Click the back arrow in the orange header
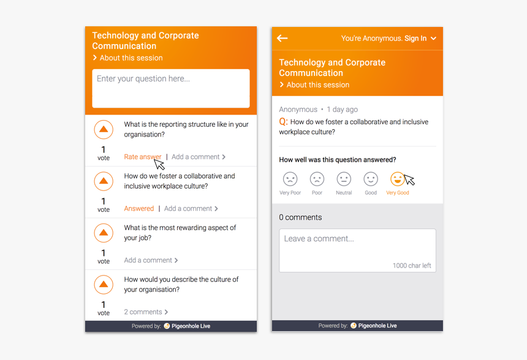(x=282, y=39)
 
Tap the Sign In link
(x=415, y=39)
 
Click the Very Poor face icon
(x=290, y=179)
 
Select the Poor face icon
(x=317, y=179)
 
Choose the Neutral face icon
(x=344, y=179)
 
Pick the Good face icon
(x=371, y=179)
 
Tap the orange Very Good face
(x=397, y=179)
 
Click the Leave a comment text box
(x=357, y=250)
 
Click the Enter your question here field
(x=170, y=88)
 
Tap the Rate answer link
(x=142, y=157)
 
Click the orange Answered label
(x=139, y=209)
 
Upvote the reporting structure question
(x=104, y=130)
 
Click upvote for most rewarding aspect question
(x=104, y=233)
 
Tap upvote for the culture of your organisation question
(x=104, y=285)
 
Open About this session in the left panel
(x=131, y=58)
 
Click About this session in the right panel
(x=317, y=85)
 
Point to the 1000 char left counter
(x=412, y=266)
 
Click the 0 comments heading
(x=300, y=217)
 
